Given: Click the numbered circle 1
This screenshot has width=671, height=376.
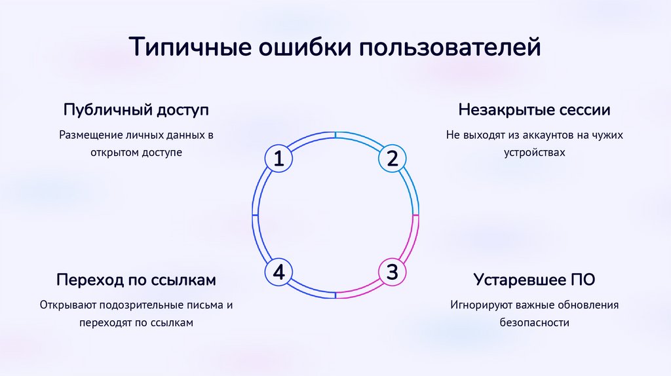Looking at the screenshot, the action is [x=279, y=159].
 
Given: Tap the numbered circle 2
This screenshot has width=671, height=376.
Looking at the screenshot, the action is [x=392, y=159].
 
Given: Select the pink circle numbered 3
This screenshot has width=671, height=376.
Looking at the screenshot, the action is [x=392, y=272].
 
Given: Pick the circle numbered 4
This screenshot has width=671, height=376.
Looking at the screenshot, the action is [x=279, y=272].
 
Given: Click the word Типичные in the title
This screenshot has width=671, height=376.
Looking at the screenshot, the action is [x=187, y=48].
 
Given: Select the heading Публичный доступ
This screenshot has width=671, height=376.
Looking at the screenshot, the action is [x=136, y=109].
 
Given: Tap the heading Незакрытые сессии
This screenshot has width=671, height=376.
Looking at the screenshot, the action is [x=534, y=109].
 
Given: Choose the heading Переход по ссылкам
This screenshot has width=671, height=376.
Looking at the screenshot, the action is [x=136, y=280].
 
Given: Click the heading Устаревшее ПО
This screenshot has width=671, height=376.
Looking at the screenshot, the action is [x=534, y=280].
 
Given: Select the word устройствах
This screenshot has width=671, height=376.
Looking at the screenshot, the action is [x=534, y=152].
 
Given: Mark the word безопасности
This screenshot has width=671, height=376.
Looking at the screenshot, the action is [x=534, y=322].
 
